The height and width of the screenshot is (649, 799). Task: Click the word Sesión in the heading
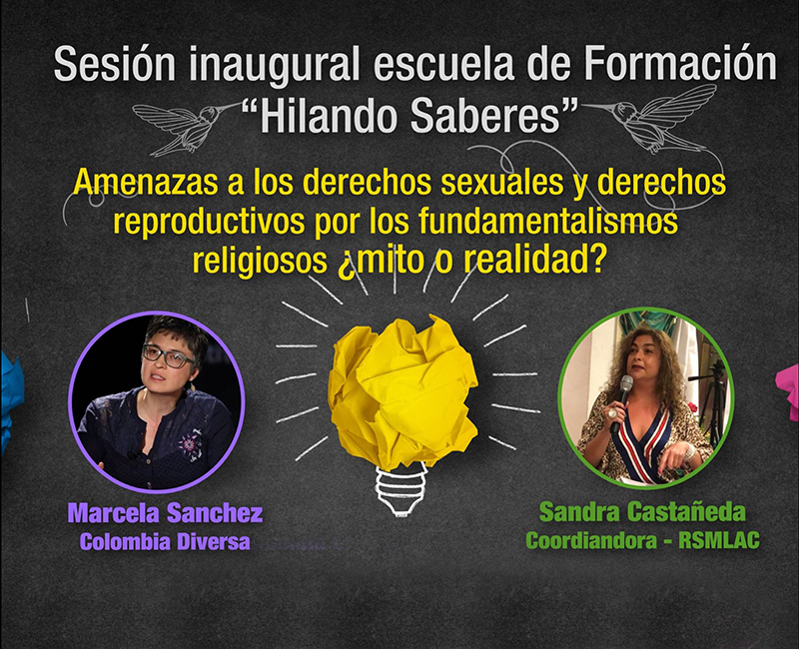(x=114, y=64)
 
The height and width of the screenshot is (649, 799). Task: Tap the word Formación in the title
(x=680, y=63)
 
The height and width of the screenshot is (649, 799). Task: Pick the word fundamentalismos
(x=548, y=222)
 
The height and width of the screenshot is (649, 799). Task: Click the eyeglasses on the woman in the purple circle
(x=168, y=356)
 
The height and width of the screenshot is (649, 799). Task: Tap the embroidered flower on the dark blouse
(x=189, y=444)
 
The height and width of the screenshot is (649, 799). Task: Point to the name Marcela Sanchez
(x=165, y=513)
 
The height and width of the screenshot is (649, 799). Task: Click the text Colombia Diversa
(x=165, y=541)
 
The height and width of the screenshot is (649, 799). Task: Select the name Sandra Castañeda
(x=642, y=512)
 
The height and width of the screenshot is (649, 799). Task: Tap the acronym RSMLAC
(x=719, y=540)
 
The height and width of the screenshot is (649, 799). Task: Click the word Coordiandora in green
(x=591, y=540)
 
